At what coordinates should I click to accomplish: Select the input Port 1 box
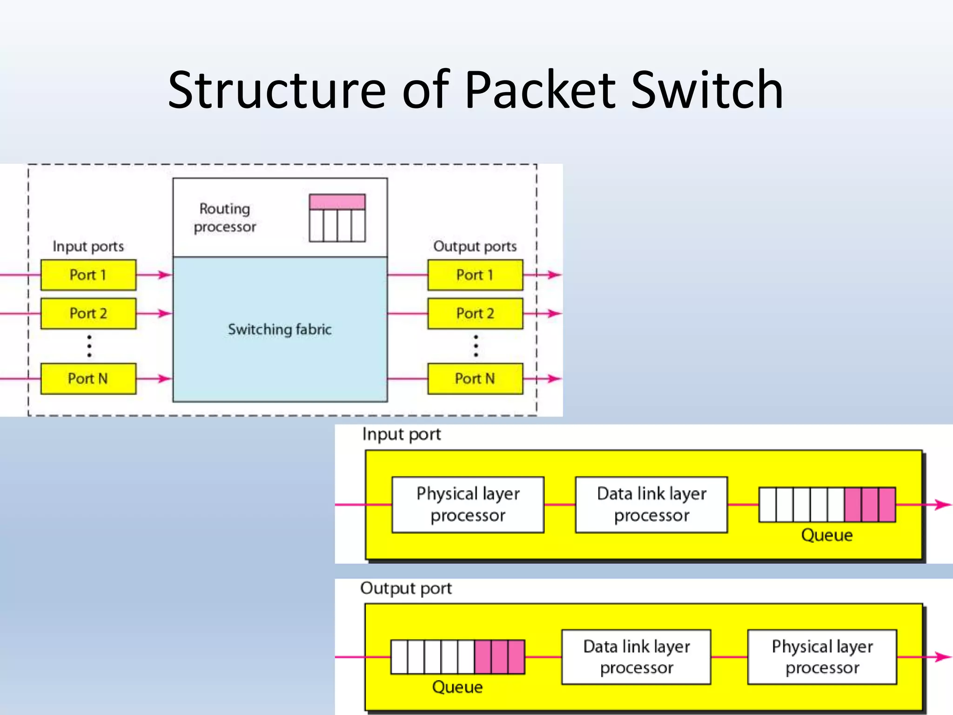(88, 275)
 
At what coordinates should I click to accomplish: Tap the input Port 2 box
(88, 313)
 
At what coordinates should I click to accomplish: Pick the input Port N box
(88, 378)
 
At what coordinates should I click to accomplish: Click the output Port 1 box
(475, 275)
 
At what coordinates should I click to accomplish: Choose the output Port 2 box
(475, 313)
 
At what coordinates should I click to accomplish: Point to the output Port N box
(475, 378)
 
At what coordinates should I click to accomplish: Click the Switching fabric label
(280, 330)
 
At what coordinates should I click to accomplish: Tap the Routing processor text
(225, 217)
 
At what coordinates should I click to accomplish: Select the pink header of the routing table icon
(337, 202)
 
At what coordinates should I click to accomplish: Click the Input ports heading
(88, 246)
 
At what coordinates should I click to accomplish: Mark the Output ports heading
(475, 246)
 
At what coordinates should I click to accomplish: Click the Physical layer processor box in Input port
(468, 505)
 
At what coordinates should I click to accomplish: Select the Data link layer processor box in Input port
(651, 505)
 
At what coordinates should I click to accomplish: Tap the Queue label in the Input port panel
(826, 535)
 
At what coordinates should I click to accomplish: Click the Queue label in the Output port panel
(457, 687)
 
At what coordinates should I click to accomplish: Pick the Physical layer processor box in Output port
(822, 657)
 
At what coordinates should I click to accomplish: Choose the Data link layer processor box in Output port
(636, 657)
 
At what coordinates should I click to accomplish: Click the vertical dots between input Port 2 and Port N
(89, 346)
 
